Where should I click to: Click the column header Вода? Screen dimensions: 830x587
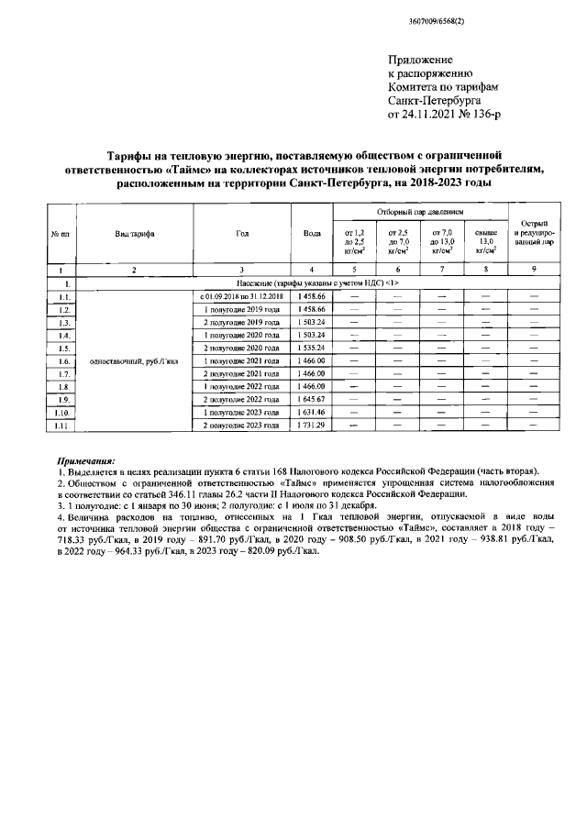click(311, 233)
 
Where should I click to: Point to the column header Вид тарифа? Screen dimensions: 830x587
click(134, 233)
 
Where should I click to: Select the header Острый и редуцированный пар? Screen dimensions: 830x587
click(535, 233)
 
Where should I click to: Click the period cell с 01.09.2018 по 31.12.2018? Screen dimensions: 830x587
click(242, 297)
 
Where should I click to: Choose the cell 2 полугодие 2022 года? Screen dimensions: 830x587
click(242, 400)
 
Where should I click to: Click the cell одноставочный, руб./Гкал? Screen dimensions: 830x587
click(134, 361)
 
